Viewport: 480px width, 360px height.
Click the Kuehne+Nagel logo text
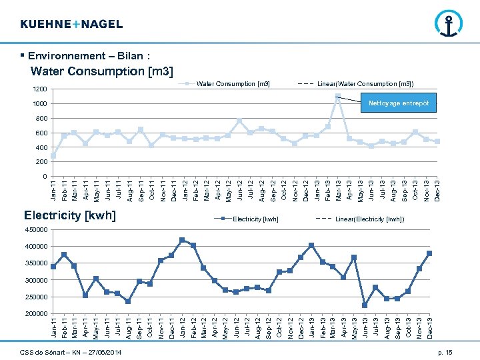click(x=71, y=24)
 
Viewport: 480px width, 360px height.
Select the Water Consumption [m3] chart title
click(x=102, y=71)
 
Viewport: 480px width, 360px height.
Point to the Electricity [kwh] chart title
click(x=70, y=215)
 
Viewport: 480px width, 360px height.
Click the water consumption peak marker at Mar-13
click(x=338, y=98)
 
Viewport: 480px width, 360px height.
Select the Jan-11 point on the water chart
click(x=53, y=156)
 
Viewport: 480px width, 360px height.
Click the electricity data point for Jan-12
click(x=182, y=240)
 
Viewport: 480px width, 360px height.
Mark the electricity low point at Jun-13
click(x=365, y=305)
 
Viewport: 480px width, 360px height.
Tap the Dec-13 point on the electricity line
click(x=429, y=253)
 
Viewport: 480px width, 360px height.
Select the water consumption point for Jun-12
click(x=239, y=121)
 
